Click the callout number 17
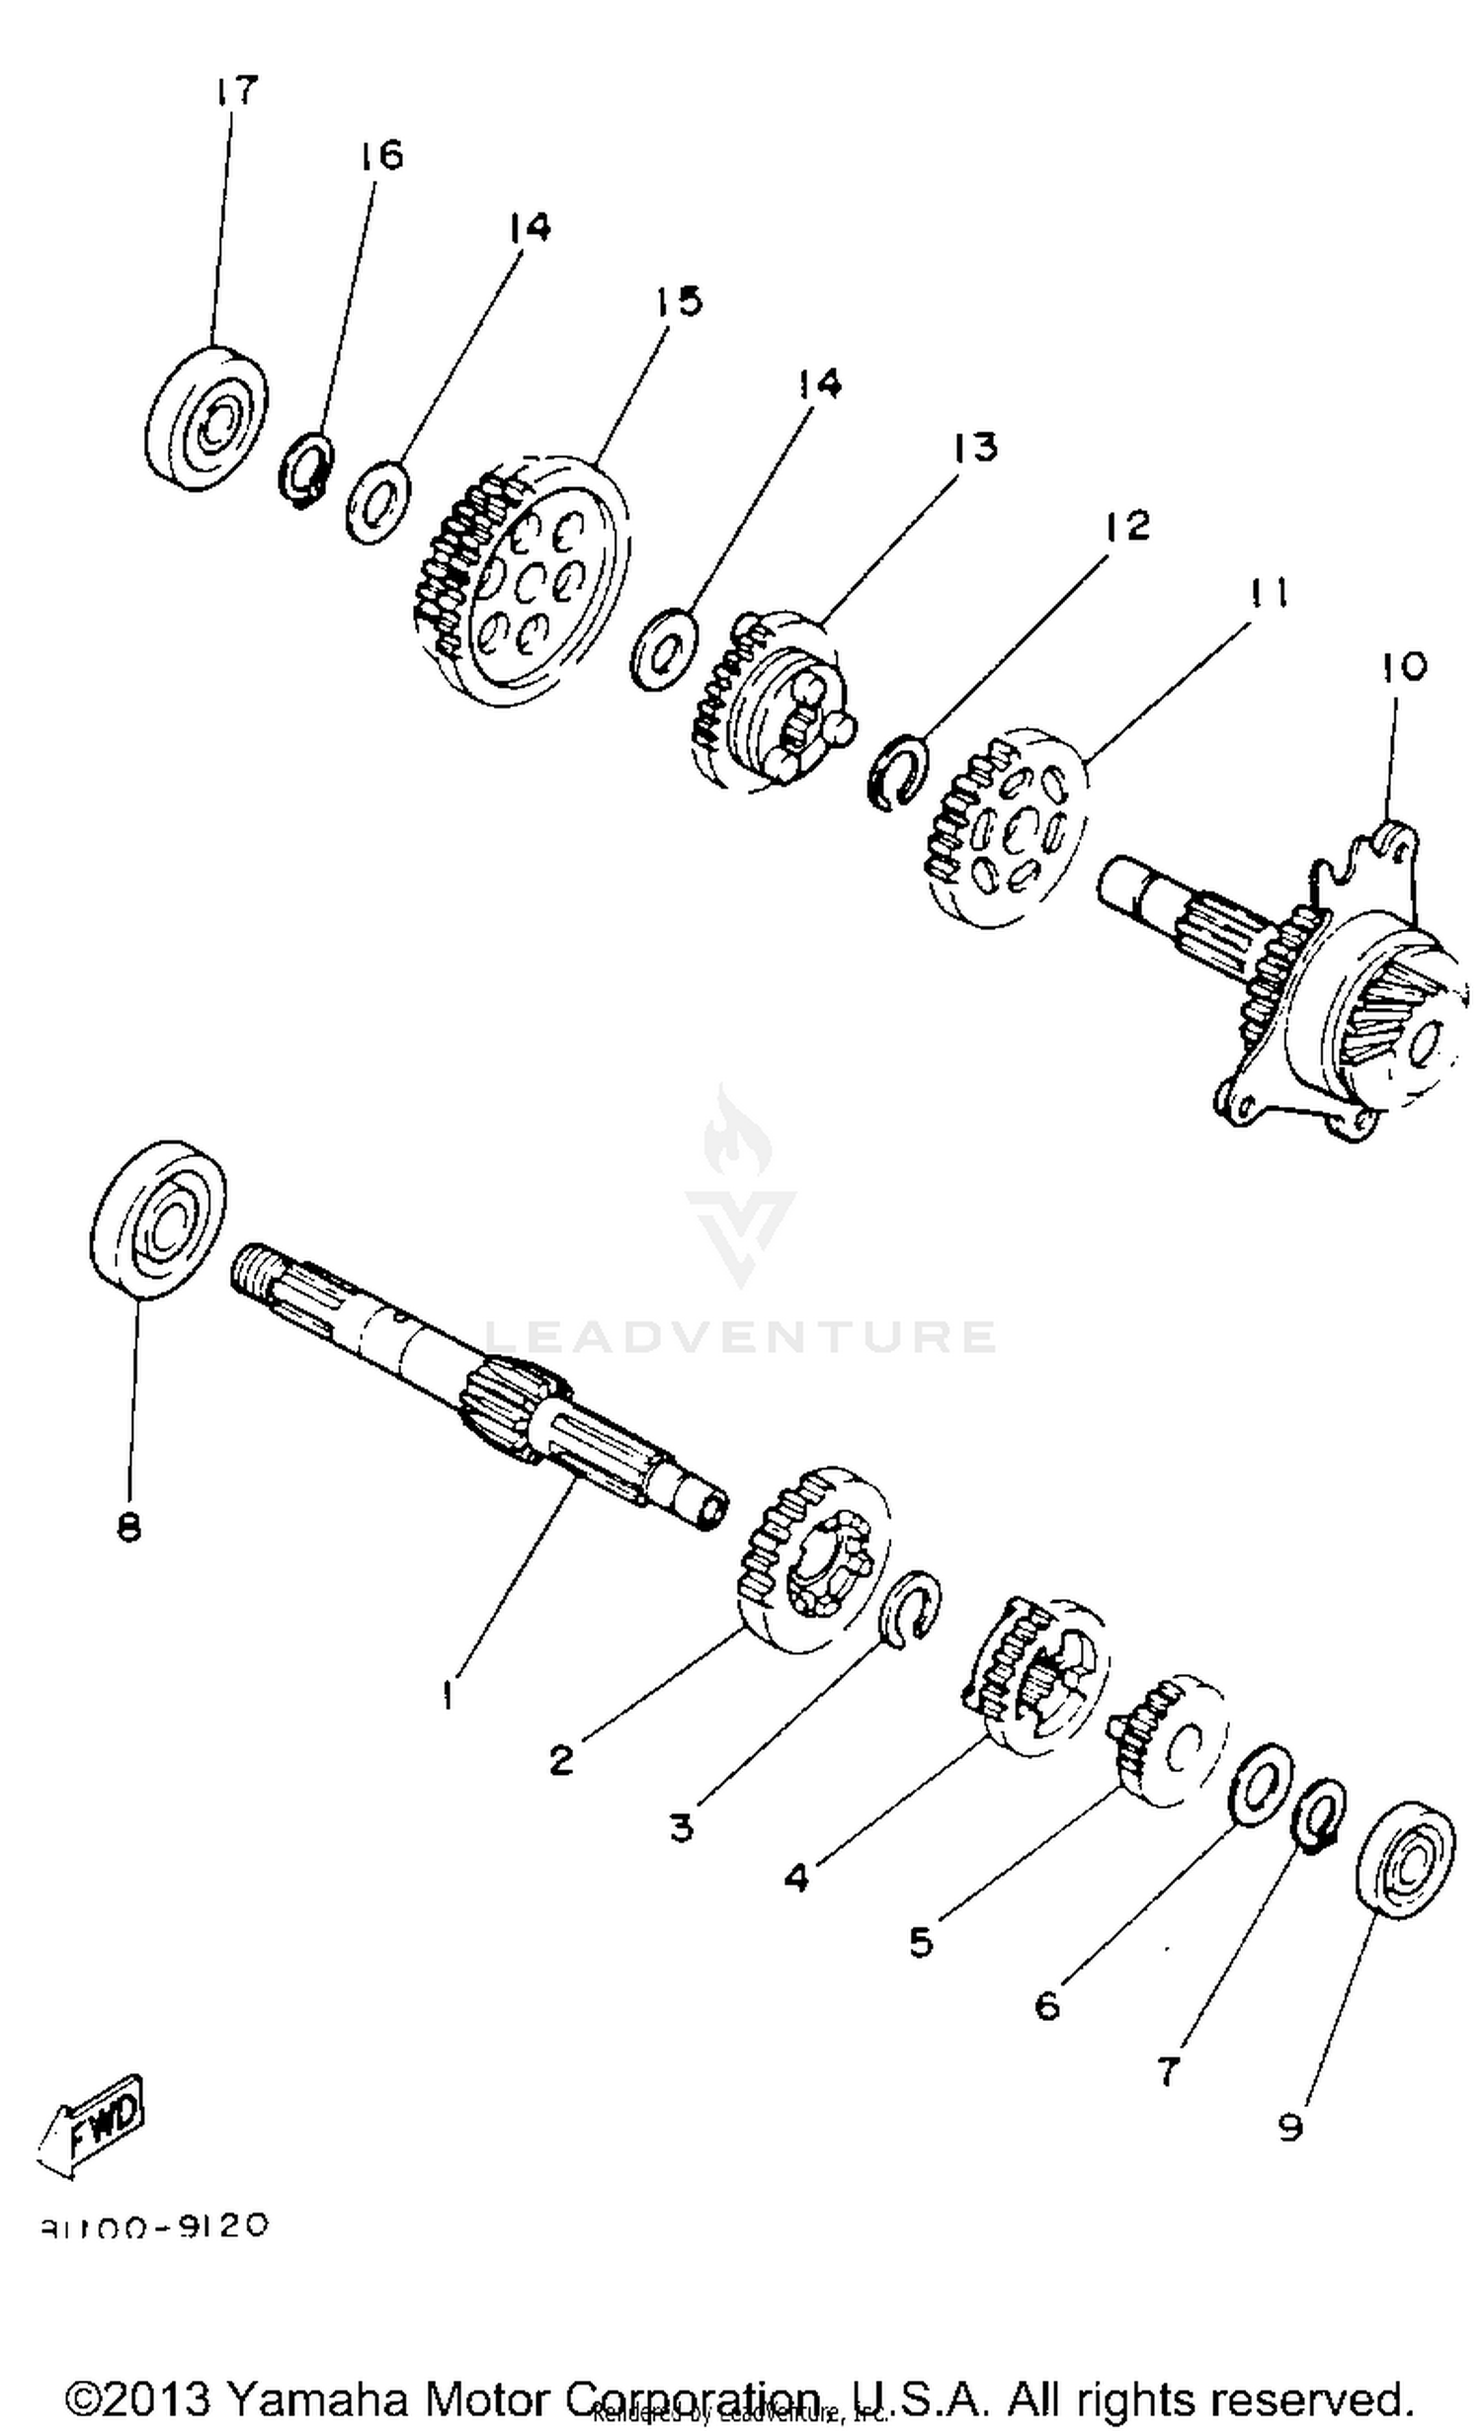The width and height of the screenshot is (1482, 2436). coord(235,91)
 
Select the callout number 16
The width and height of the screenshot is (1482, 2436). coord(381,155)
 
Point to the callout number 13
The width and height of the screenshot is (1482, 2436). coord(975,447)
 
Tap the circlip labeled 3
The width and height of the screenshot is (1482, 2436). coord(911,1612)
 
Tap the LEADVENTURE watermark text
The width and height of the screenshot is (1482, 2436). coord(740,1338)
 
